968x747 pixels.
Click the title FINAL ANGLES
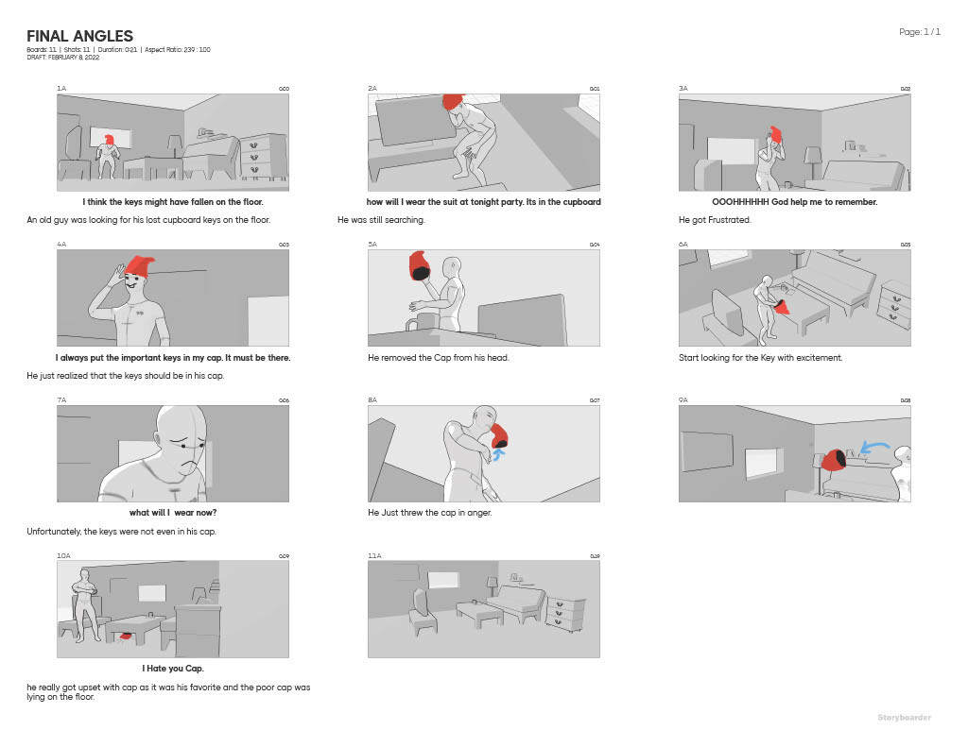pos(79,37)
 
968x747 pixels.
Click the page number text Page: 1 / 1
pos(919,32)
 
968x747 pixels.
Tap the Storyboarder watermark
pos(903,718)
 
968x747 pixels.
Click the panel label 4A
pos(61,245)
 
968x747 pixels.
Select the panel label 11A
pos(374,556)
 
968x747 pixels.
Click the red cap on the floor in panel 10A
pos(124,637)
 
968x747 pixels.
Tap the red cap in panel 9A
pos(834,459)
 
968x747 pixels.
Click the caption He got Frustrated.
pos(715,220)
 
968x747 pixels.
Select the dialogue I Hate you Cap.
pos(172,669)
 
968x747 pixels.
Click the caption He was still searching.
pos(381,220)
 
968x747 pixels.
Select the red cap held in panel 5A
pos(419,267)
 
